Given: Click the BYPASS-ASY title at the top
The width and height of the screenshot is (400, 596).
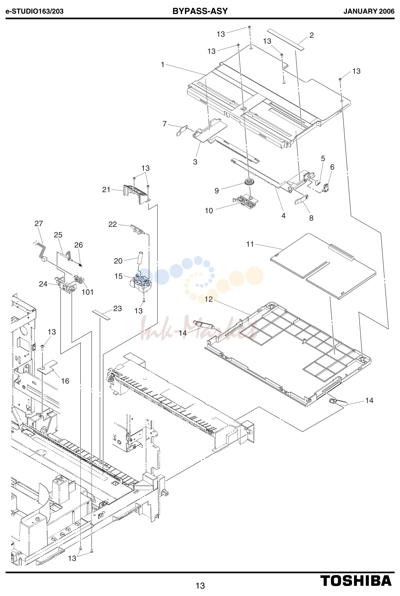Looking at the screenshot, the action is coord(200,11).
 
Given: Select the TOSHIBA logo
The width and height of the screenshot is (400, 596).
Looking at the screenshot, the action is coord(356,580).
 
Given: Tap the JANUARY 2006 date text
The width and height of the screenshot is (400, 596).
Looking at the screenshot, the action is coord(369,11).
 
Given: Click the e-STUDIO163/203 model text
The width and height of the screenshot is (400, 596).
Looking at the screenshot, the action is coord(35,11).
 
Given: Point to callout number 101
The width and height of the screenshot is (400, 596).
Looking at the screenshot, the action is coord(88,292).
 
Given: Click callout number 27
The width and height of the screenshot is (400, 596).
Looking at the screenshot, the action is coord(39,223).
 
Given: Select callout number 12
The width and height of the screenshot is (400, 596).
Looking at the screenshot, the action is coord(209,299).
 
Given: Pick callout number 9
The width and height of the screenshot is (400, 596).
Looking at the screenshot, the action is coord(217,191).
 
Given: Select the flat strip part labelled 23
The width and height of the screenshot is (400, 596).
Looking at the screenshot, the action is coord(101,315).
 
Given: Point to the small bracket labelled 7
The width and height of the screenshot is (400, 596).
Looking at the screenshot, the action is coord(182,130).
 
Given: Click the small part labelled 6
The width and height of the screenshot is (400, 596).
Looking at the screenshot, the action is coord(326,187).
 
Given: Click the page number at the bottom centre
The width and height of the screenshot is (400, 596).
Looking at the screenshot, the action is coord(200,585).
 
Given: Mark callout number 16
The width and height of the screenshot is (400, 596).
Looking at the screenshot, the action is coord(65,381).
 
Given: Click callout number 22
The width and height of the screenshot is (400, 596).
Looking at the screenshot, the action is coord(112,224).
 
